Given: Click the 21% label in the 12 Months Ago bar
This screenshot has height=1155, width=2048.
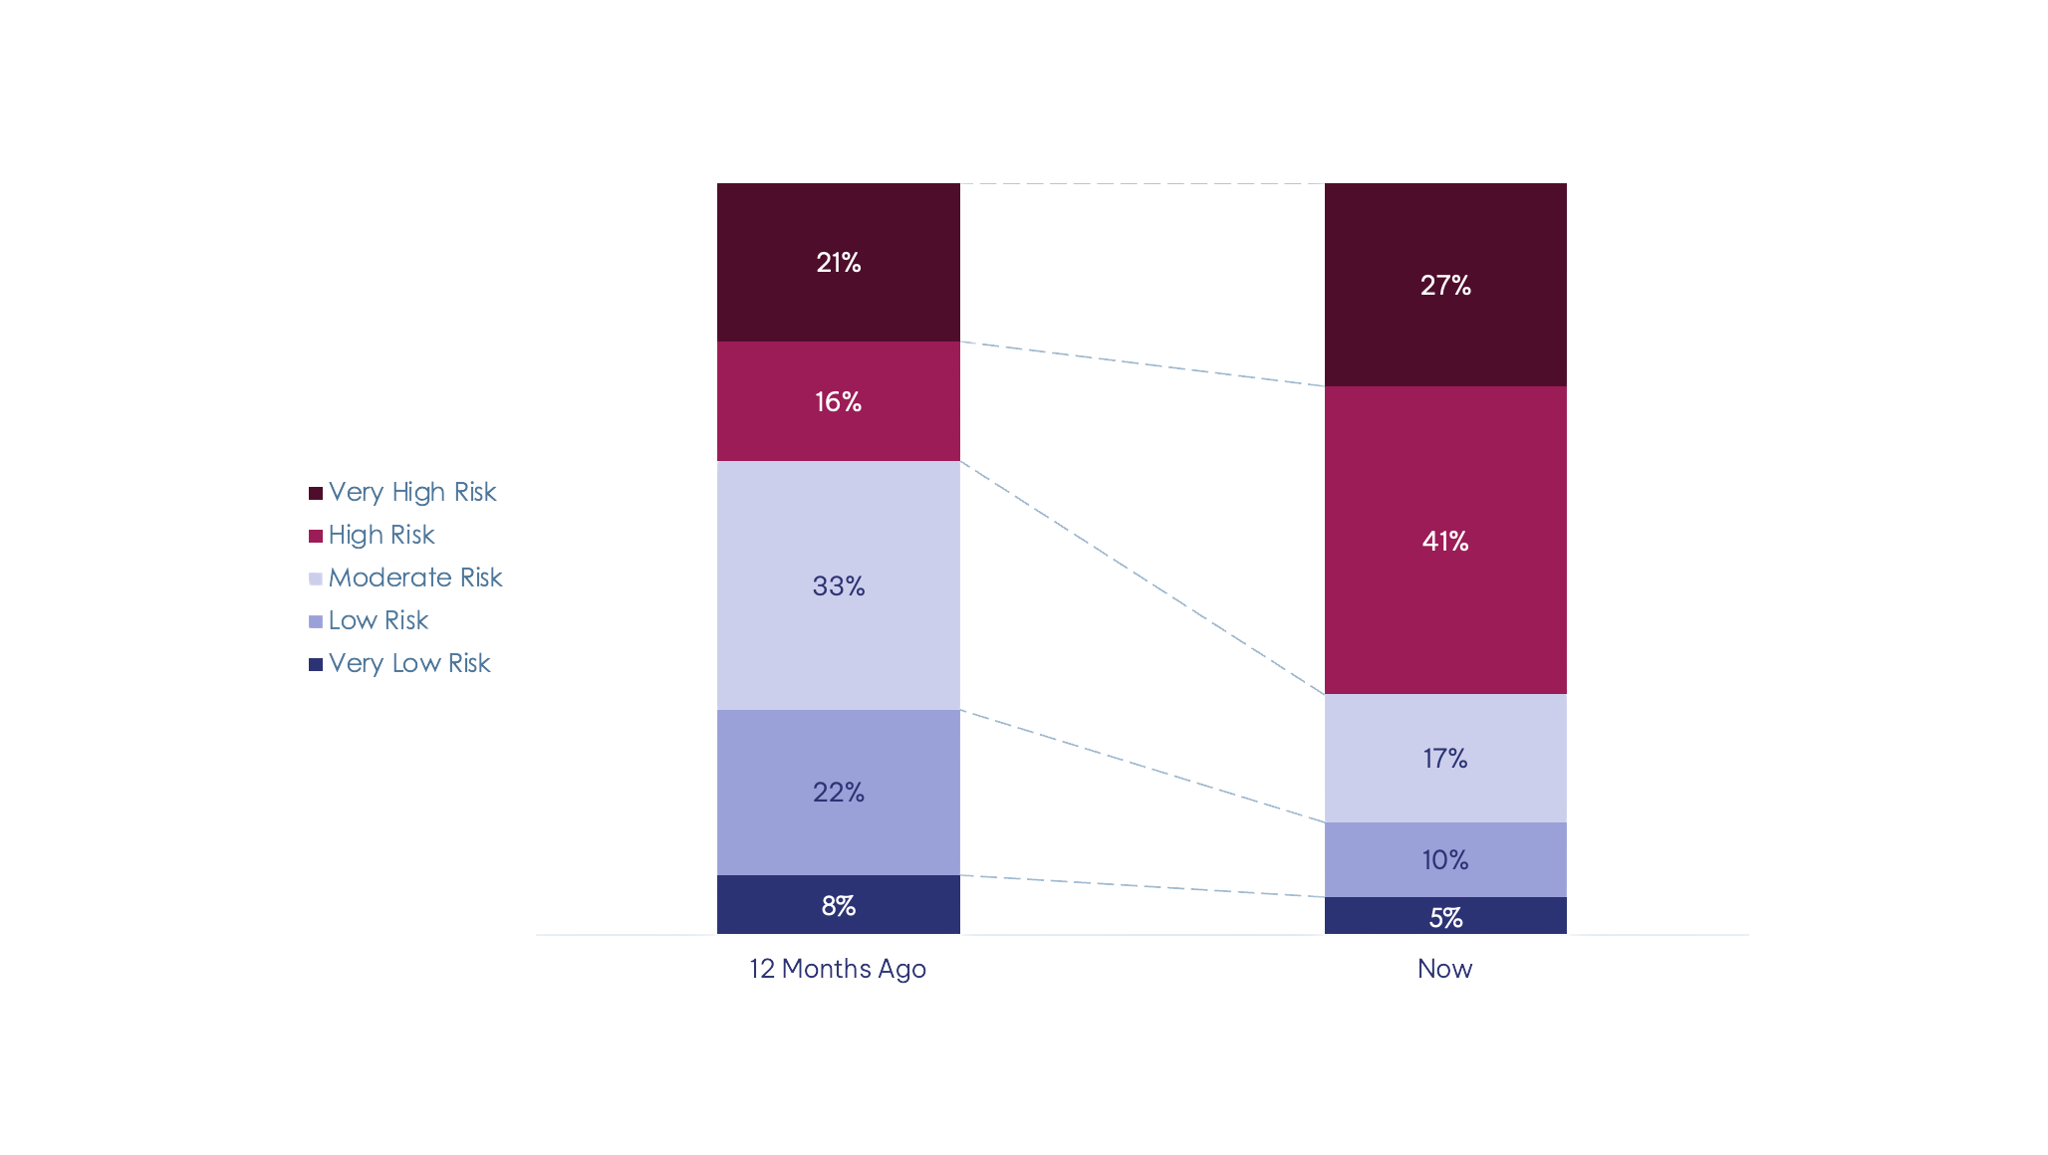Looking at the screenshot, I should [838, 263].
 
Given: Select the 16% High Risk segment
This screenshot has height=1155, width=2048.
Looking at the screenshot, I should [838, 401].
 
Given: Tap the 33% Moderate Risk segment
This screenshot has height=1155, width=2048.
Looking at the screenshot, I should [838, 585].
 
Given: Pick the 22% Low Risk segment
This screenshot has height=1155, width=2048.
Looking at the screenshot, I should [838, 793].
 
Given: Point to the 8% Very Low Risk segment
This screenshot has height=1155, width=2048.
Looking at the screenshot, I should [838, 905].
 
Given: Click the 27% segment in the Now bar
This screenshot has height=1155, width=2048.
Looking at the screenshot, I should [1444, 286].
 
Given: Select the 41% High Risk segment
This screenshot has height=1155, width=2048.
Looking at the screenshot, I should [1444, 541].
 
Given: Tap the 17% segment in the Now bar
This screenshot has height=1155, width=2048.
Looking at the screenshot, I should [1444, 759].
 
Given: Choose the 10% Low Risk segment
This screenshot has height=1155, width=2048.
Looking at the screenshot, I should [1444, 859].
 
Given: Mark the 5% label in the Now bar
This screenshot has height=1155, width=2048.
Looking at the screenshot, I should [1445, 917].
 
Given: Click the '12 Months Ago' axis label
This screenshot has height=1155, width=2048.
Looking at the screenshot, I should [838, 969].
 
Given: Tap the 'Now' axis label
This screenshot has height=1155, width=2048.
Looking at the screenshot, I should [1444, 969].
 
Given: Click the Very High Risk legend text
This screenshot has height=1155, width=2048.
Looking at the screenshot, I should [412, 492].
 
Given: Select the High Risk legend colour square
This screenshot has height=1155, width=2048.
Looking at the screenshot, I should [316, 537].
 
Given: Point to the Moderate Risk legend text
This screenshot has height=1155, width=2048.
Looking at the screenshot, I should [415, 577].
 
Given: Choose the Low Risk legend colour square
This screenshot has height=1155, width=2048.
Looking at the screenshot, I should [316, 622].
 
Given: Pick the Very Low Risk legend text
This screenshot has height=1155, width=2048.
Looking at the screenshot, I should [409, 663].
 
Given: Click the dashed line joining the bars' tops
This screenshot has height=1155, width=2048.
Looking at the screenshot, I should [1142, 183].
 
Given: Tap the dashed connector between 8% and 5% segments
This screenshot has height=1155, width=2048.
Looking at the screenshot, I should [1142, 886].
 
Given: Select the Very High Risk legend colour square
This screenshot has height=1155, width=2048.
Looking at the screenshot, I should [316, 494].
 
